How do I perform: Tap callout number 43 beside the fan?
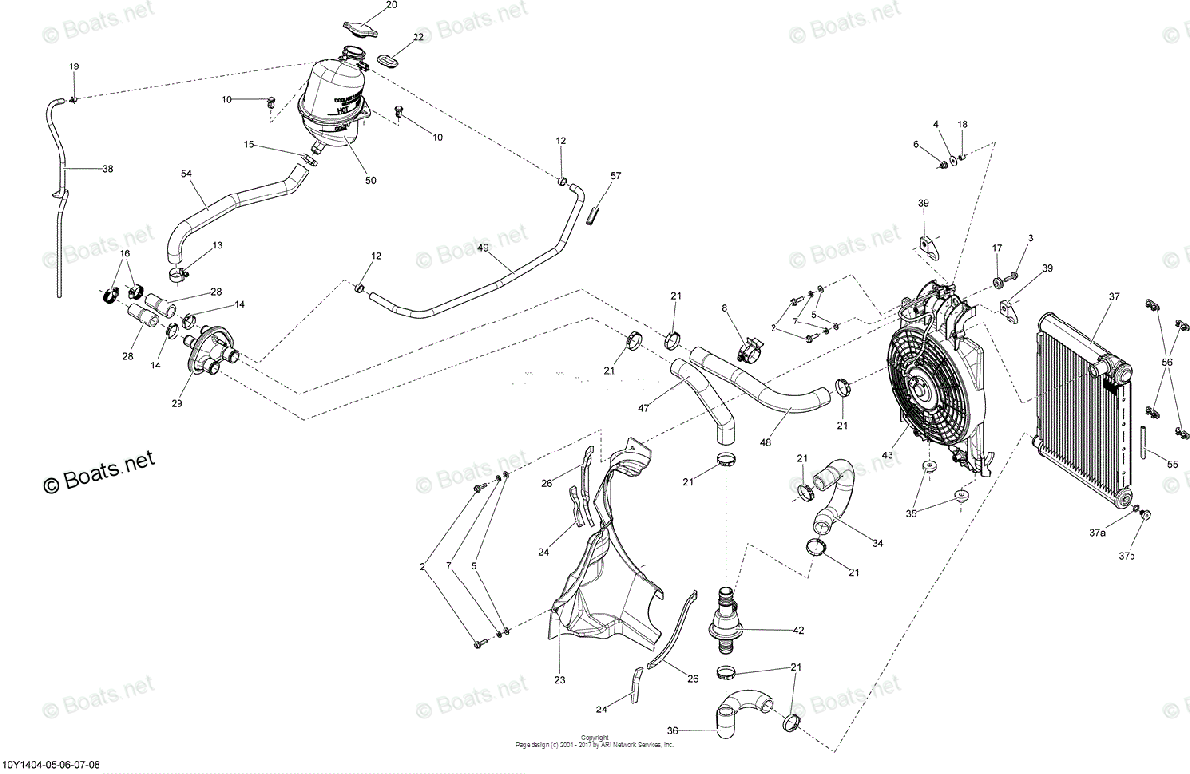point(888,455)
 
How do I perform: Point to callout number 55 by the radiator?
point(1171,463)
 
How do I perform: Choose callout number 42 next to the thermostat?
point(797,630)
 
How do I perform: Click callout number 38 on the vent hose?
point(108,169)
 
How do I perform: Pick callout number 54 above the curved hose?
point(186,175)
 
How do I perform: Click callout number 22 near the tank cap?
point(418,37)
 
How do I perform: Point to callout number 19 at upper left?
point(73,66)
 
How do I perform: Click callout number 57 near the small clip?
point(615,176)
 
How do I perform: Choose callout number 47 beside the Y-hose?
point(642,408)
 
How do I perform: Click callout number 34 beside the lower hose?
point(877,543)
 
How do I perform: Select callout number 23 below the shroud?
point(559,680)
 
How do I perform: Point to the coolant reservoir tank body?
point(332,104)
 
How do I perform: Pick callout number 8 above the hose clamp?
point(725,309)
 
